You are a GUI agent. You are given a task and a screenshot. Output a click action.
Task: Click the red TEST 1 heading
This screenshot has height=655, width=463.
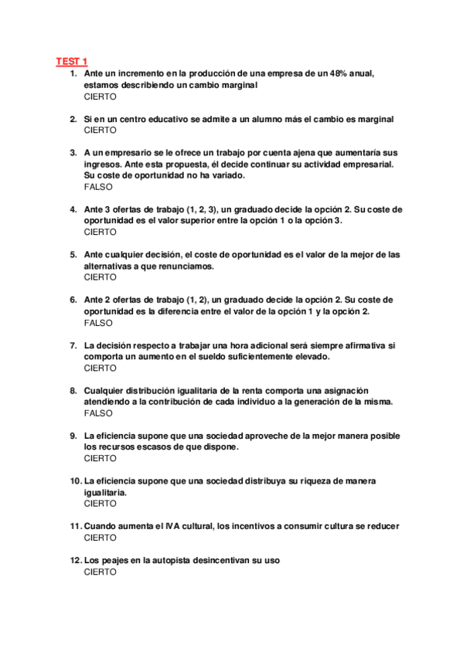[x=72, y=61]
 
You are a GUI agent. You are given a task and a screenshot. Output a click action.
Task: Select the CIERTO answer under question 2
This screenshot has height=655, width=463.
[x=100, y=131]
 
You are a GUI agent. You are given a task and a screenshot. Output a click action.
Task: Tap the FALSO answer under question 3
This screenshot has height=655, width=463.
[x=98, y=187]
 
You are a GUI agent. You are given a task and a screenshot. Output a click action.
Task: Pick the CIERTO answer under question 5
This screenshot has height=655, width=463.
[x=100, y=277]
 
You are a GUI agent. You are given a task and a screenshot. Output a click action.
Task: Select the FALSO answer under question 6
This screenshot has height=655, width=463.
[x=98, y=323]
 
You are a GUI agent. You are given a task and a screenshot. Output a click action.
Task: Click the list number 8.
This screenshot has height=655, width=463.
[x=73, y=391]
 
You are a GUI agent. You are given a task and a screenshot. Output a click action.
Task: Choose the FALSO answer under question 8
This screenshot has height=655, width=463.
[x=98, y=413]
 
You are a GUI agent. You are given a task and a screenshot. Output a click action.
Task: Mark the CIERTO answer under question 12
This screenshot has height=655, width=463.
[x=100, y=572]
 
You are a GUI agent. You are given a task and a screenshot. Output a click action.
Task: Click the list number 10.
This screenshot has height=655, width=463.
[x=75, y=481]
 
